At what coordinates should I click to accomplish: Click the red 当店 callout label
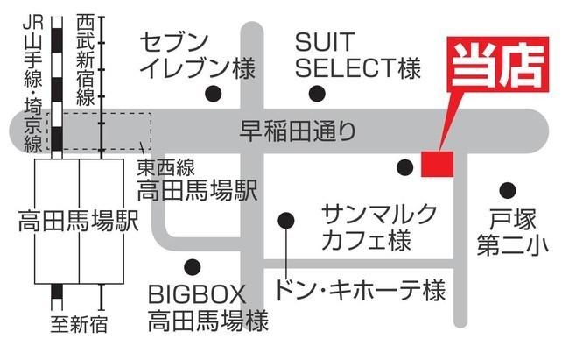pos(498,64)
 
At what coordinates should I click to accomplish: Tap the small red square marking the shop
pos(438,164)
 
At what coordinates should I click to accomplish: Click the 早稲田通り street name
pos(298,131)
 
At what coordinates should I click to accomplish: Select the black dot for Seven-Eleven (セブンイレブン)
pos(214,94)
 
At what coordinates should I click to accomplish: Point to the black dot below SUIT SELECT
pos(317,94)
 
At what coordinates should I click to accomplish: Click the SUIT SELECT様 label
pos(358,55)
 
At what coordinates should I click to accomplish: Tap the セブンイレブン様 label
pos(198,55)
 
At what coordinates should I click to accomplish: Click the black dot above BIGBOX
pos(193,267)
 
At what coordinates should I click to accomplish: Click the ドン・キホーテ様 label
pos(361,290)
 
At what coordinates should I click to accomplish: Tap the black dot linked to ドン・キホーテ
pos(286,220)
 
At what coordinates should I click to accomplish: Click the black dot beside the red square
pos(405,167)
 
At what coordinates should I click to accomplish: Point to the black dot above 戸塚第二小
pos(508,190)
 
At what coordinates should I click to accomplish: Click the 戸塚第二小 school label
pos(512,232)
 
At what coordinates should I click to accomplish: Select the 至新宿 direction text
pos(79,324)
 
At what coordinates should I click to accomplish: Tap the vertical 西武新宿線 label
pos(86,60)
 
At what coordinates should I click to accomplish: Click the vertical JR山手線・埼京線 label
pos(33,83)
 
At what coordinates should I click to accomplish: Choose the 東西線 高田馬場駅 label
pos(197,180)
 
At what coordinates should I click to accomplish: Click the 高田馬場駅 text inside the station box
pos(79,221)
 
